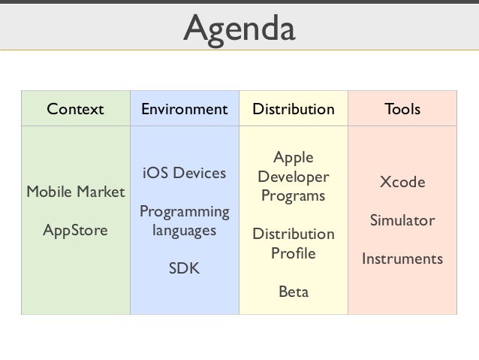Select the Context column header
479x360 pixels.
pos(75,109)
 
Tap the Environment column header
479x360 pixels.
pos(184,109)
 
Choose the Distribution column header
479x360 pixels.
pos(293,109)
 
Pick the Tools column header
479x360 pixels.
pos(402,109)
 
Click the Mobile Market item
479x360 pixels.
pos(75,192)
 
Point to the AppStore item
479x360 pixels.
pos(75,230)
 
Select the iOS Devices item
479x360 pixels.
pos(184,173)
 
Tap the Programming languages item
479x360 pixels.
pos(184,221)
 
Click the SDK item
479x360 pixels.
pos(184,268)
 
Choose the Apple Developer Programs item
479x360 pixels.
pos(293,177)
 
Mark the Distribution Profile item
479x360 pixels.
pos(293,244)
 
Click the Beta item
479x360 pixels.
pos(293,292)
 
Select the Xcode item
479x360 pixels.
pos(402,183)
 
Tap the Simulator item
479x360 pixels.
pos(402,221)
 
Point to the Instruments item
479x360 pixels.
pos(402,259)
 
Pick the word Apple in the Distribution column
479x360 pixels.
pos(293,158)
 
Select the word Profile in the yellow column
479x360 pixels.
pos(293,253)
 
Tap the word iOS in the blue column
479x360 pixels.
pos(154,173)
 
